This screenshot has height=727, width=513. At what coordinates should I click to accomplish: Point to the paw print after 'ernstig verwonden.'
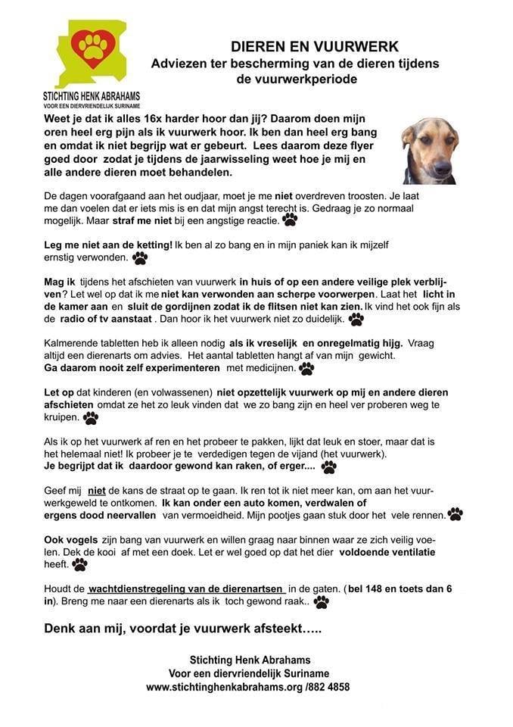pyautogui.click(x=140, y=258)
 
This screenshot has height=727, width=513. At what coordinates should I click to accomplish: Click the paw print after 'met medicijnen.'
pyautogui.click(x=306, y=368)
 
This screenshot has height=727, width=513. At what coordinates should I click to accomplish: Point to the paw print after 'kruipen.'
pyautogui.click(x=91, y=417)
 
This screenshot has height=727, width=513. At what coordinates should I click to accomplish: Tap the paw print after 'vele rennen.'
pyautogui.click(x=455, y=514)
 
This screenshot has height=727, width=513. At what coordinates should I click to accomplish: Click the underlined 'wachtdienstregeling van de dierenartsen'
pyautogui.click(x=186, y=588)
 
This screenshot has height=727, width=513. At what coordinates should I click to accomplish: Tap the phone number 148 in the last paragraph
pyautogui.click(x=382, y=588)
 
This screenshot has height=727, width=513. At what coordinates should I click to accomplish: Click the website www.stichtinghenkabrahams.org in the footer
pyautogui.click(x=225, y=686)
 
